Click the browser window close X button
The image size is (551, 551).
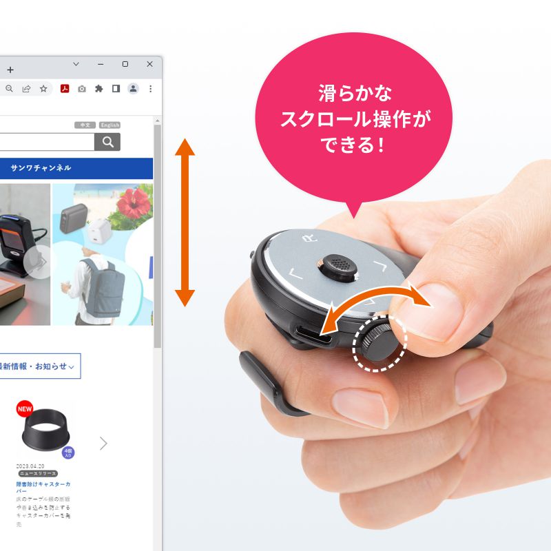149,64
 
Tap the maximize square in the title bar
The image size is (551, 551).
125,64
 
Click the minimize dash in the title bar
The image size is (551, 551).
101,64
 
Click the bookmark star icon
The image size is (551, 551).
43,89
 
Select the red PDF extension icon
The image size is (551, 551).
65,89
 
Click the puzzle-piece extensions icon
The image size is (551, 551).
98,89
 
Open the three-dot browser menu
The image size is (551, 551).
150,89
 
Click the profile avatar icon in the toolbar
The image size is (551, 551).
133,89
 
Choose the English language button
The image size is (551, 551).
110,125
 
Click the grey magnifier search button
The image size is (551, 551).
107,142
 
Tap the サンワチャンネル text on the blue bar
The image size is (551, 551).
41,168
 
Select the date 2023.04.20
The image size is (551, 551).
30,466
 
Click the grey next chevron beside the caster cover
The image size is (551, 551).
103,443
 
